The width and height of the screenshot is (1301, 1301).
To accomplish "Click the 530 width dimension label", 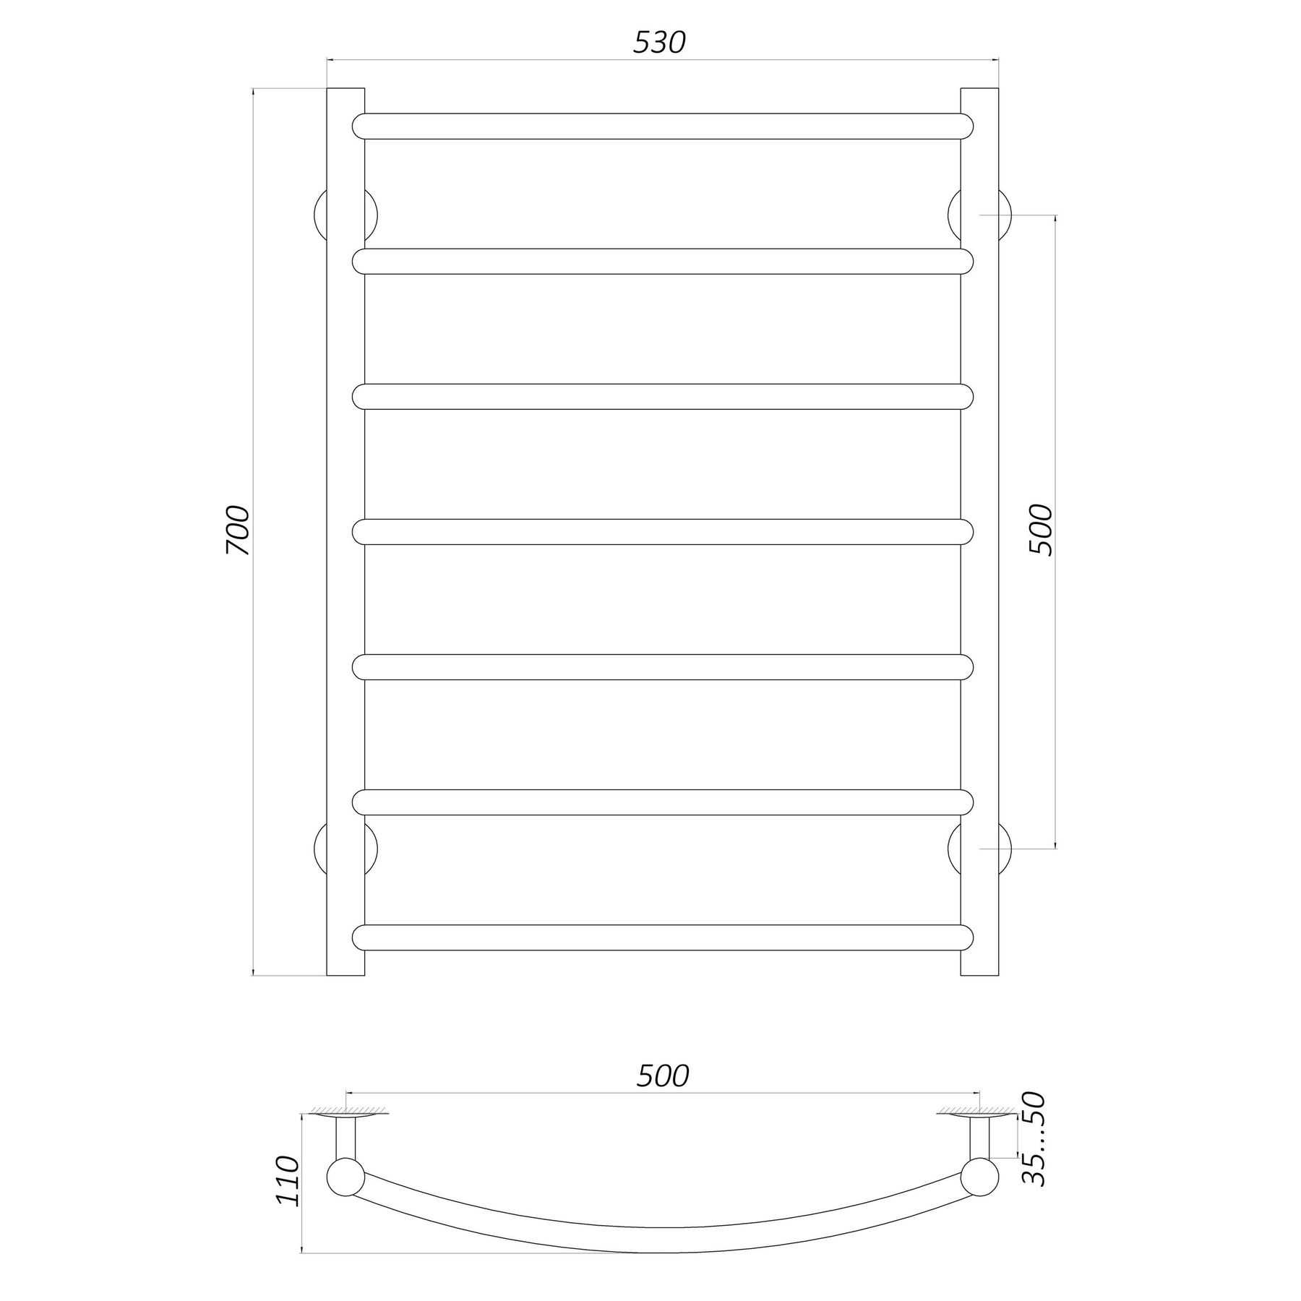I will coord(658,43).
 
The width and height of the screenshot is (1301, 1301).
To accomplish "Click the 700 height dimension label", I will coord(238,531).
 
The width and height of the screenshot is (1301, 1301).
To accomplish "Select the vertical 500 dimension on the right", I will coord(1042,531).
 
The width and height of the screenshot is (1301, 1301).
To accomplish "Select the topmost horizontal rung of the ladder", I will coord(663,126).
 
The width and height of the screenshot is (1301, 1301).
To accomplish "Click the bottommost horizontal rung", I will coord(663,937).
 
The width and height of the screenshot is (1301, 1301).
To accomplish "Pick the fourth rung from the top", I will coord(663,532).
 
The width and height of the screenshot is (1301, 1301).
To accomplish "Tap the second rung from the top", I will coord(663,261).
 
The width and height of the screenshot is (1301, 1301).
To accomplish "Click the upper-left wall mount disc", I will coord(319,215).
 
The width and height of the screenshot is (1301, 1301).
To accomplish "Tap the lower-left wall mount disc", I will coord(319,848).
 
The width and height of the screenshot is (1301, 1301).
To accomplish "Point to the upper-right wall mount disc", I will coord(1005,215).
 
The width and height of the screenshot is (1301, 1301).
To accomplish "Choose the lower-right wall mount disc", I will coord(1005,848).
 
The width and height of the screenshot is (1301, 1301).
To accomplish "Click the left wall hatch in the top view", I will coord(347,1130).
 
